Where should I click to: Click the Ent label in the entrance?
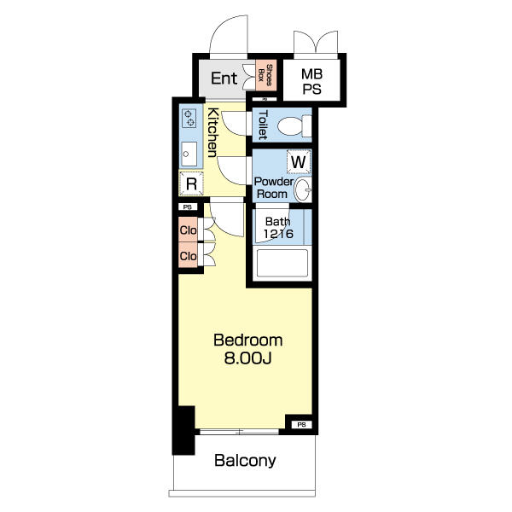(x=224, y=79)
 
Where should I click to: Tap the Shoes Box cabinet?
(x=265, y=75)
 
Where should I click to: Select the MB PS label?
(x=311, y=82)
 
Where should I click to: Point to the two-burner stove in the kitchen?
(x=189, y=119)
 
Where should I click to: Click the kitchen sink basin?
(x=189, y=154)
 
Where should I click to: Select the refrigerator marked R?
(x=191, y=183)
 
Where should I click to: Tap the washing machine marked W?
(x=299, y=161)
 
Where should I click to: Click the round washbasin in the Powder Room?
(x=303, y=189)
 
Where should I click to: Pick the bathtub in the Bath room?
(x=282, y=263)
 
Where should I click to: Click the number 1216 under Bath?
(x=278, y=234)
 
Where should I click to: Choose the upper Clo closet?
(x=188, y=230)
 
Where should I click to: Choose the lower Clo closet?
(x=188, y=254)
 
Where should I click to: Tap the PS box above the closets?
(x=188, y=207)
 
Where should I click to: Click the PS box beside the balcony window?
(x=302, y=424)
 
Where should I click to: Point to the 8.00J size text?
(x=247, y=358)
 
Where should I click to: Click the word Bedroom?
(x=247, y=340)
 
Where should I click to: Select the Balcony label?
(x=245, y=461)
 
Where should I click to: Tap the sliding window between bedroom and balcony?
(x=239, y=432)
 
